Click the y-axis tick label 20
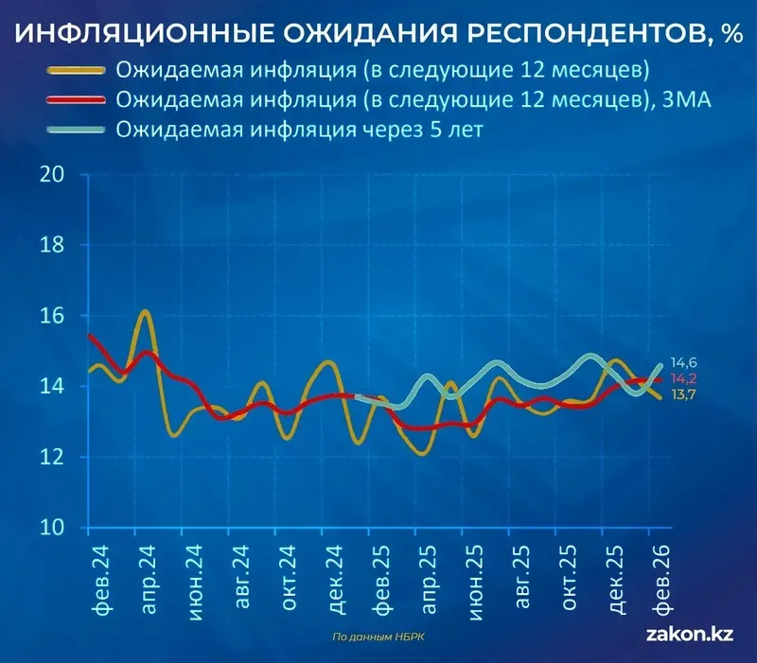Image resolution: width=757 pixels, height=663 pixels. (x=52, y=175)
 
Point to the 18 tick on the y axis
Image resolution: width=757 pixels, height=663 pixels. (x=52, y=245)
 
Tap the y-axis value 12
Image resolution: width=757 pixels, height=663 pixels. (x=52, y=457)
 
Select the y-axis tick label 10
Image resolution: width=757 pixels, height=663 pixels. (x=52, y=527)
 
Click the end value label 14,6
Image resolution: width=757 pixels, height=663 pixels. (x=684, y=362)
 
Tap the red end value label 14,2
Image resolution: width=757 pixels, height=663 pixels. (x=684, y=378)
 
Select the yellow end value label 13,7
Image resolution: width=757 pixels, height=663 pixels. (x=684, y=394)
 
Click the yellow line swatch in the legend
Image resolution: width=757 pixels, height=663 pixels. (x=75, y=72)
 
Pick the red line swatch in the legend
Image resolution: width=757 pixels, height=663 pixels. (x=75, y=100)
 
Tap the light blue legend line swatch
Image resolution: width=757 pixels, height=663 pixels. (x=75, y=130)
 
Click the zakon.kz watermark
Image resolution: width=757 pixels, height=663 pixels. (x=689, y=636)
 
